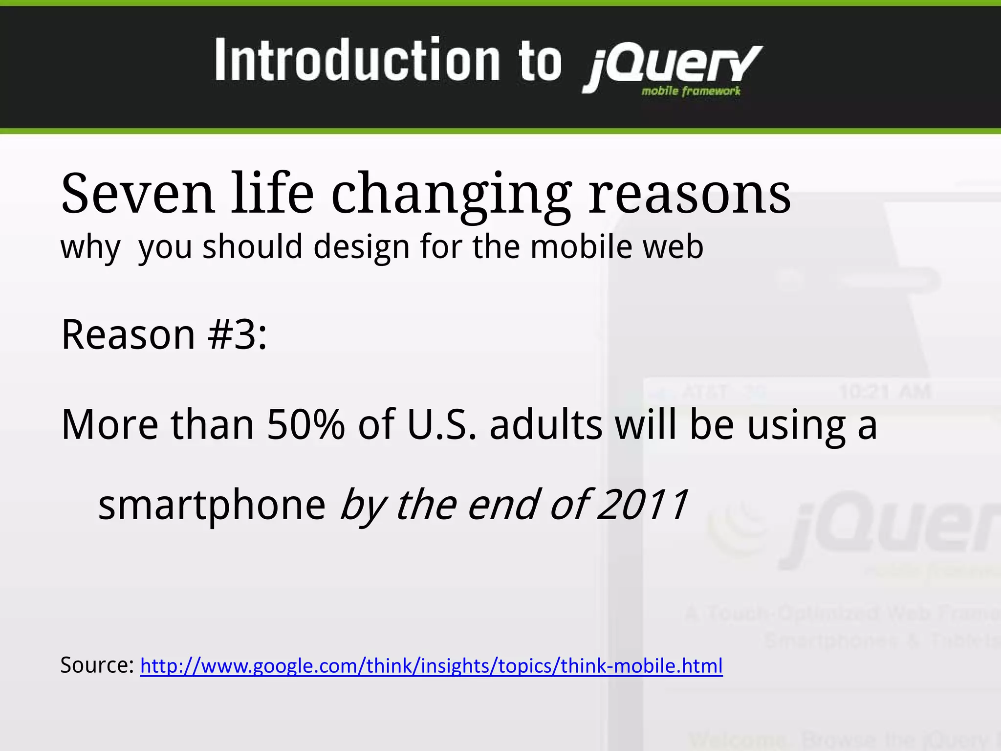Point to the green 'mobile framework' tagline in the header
click(691, 91)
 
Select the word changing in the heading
click(451, 195)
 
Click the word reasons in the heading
click(689, 195)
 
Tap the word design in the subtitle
click(361, 246)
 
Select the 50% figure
click(306, 424)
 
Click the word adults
click(546, 424)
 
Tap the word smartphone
click(212, 506)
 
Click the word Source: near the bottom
click(97, 665)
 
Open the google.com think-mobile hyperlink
click(431, 666)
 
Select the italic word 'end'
click(503, 505)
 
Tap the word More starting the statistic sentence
click(110, 424)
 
